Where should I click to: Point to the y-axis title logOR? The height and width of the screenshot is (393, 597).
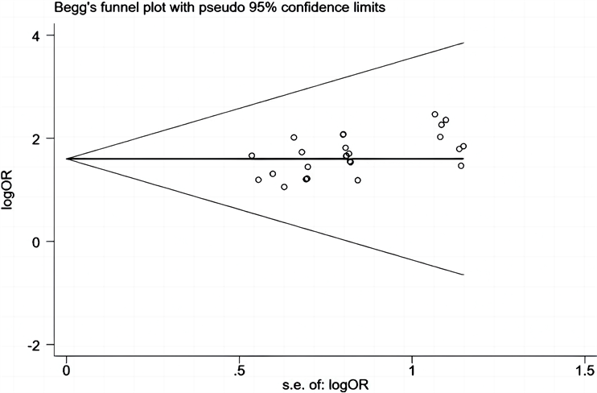(10, 190)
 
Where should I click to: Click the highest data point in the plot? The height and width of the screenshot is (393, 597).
(435, 114)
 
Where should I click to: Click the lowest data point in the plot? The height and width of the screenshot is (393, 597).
(284, 187)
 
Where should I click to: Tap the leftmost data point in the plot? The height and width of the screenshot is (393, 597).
(252, 155)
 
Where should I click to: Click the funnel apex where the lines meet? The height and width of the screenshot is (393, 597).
(67, 159)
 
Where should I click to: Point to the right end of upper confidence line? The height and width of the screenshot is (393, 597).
(464, 43)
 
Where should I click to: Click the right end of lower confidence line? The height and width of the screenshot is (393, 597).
(464, 275)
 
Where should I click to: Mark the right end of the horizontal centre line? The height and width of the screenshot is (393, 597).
(464, 159)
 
